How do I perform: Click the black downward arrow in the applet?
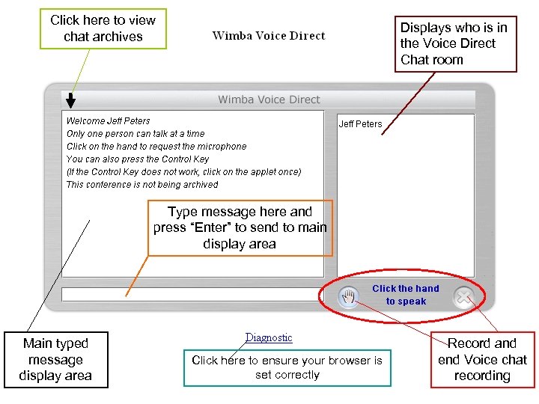click(70, 100)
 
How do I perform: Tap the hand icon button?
click(348, 298)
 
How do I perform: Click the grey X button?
click(464, 298)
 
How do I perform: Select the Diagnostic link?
click(269, 338)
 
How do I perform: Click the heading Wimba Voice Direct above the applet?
click(269, 35)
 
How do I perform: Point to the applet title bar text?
click(269, 100)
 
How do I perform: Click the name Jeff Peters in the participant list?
click(360, 124)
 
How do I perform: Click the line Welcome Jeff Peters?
click(108, 120)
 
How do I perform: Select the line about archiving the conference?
click(142, 185)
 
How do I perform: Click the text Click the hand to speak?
click(406, 295)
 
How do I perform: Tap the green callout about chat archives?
click(103, 28)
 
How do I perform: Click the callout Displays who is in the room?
click(455, 43)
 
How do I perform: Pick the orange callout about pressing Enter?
click(240, 227)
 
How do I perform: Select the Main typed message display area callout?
click(55, 359)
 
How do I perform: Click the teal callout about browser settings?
click(287, 367)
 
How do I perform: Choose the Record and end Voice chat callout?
click(482, 359)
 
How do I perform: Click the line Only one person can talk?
click(135, 133)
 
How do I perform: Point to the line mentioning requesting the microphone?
click(156, 147)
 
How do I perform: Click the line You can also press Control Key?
click(138, 159)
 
